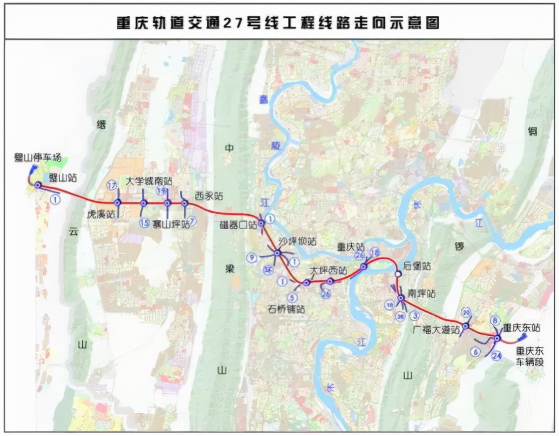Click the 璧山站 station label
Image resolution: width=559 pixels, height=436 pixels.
[x=63, y=177]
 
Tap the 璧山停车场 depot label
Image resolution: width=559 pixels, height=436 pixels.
[x=37, y=158]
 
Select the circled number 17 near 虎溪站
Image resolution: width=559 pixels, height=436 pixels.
[x=111, y=185]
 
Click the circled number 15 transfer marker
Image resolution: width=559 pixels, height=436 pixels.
[x=144, y=223]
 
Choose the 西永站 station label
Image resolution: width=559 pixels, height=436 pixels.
[x=209, y=196]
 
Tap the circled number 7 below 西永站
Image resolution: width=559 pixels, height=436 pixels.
[x=192, y=222]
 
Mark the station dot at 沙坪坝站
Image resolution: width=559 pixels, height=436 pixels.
[x=278, y=253]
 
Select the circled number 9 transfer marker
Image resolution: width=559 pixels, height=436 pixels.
[x=252, y=257]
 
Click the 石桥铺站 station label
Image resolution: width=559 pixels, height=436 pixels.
[x=286, y=309]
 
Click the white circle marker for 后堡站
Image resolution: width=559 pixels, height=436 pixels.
[x=398, y=274]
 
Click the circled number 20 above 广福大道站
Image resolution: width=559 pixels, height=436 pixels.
[x=466, y=313]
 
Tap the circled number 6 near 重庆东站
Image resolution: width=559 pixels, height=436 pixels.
[x=476, y=352]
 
